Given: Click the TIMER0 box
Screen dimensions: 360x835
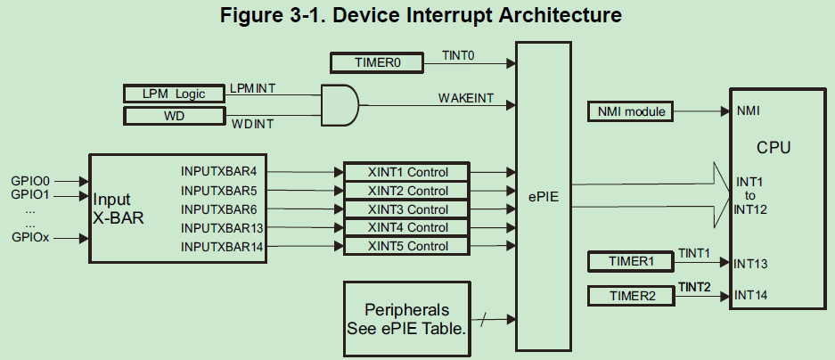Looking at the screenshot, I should tap(377, 63).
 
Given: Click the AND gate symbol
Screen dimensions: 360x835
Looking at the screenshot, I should tap(339, 104).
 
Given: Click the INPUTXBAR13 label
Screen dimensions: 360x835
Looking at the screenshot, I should tap(223, 228).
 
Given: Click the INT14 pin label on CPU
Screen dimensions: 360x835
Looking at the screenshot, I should tap(750, 295).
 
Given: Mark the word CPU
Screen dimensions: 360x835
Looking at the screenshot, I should tap(774, 147).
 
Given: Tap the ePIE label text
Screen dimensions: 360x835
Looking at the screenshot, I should tap(541, 196).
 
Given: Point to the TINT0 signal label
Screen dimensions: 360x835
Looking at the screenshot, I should tap(458, 55).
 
